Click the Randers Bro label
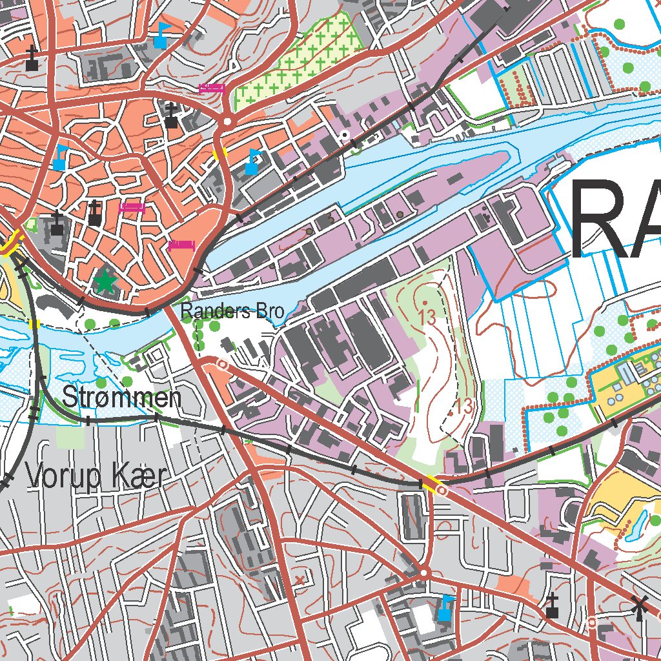point(232,312)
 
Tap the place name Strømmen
point(121,398)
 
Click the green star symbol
point(104,281)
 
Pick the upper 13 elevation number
point(426,317)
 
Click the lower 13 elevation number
point(462,407)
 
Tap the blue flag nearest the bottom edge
point(445,608)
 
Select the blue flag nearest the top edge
point(161,36)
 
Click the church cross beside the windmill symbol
point(552,607)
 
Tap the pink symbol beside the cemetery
point(212,88)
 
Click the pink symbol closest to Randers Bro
point(181,245)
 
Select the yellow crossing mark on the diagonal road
point(429,482)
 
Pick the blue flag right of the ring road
point(252,161)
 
